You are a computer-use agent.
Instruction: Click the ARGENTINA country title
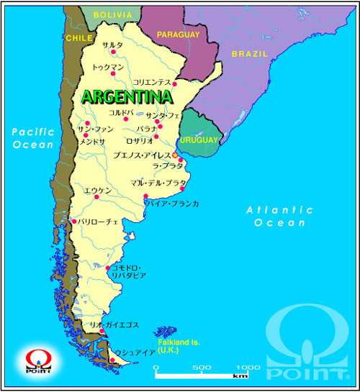[126, 96]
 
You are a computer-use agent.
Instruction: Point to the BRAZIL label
[250, 54]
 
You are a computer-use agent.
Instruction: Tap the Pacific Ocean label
[32, 137]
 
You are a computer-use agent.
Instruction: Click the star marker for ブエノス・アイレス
[175, 155]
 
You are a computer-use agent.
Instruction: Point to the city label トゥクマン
[107, 68]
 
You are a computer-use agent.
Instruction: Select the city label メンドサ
[92, 142]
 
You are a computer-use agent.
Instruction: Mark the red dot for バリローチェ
[73, 222]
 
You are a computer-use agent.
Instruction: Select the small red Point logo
[33, 358]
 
